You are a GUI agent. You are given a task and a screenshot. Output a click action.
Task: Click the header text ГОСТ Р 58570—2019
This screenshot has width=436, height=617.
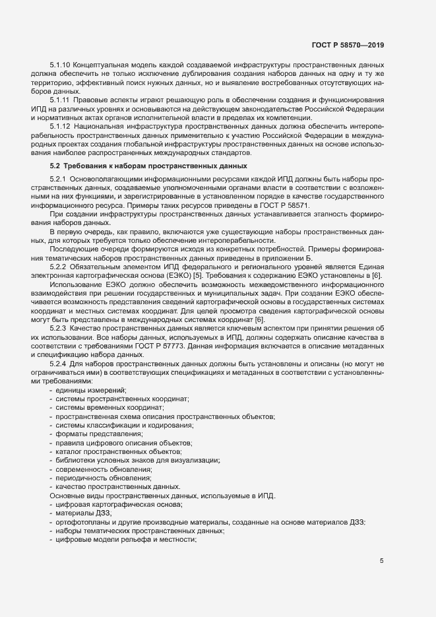pos(348,46)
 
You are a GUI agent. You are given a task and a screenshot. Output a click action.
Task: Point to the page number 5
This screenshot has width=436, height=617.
pos(381,561)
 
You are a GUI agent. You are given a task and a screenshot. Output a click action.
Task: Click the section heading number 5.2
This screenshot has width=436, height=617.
pos(55,166)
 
